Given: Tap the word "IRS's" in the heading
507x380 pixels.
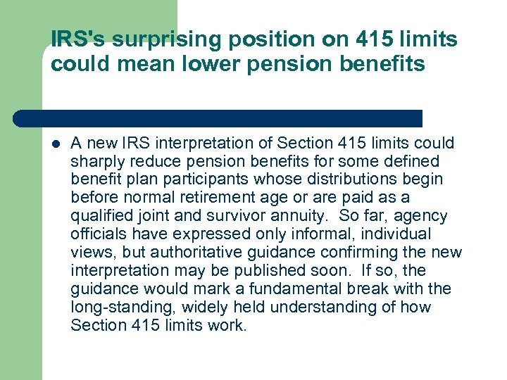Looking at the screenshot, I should (x=74, y=40).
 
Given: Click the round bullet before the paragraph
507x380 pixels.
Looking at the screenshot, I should (x=56, y=144).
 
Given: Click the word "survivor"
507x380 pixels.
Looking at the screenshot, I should (x=268, y=216).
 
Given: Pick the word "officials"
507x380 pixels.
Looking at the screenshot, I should (x=95, y=234).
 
